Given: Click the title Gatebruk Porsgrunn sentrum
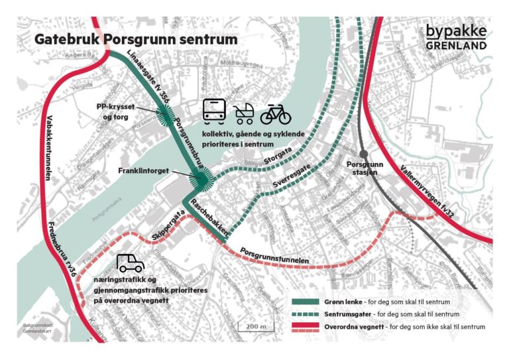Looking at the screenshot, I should click(x=136, y=39).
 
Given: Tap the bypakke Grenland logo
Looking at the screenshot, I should click(x=455, y=37).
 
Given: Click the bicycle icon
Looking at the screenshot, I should click(x=276, y=113).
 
